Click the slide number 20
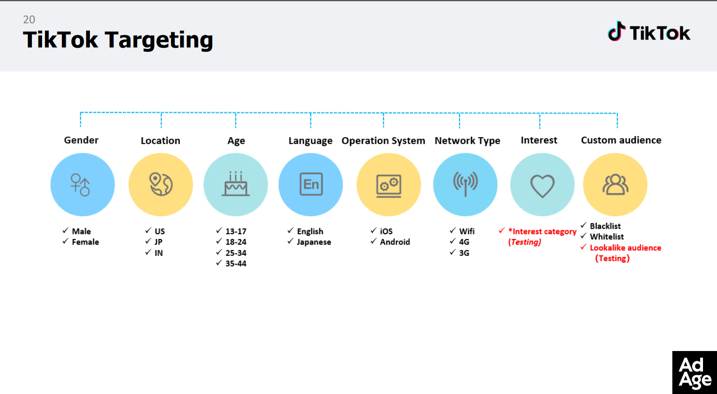point(29,20)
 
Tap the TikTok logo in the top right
point(649,32)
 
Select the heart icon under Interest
point(542,186)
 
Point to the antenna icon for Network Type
point(465,184)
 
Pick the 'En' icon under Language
point(311,184)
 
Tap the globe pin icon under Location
point(161,184)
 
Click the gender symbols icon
point(80,185)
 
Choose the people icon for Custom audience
point(615,184)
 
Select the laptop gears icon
point(388,186)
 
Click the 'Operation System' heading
point(383,141)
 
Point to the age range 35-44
point(236,264)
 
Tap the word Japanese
point(314,242)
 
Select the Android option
point(395,242)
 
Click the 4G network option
point(464,242)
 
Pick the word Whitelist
point(607,237)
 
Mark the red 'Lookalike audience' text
point(626,248)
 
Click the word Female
point(86,242)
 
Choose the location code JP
point(158,242)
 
